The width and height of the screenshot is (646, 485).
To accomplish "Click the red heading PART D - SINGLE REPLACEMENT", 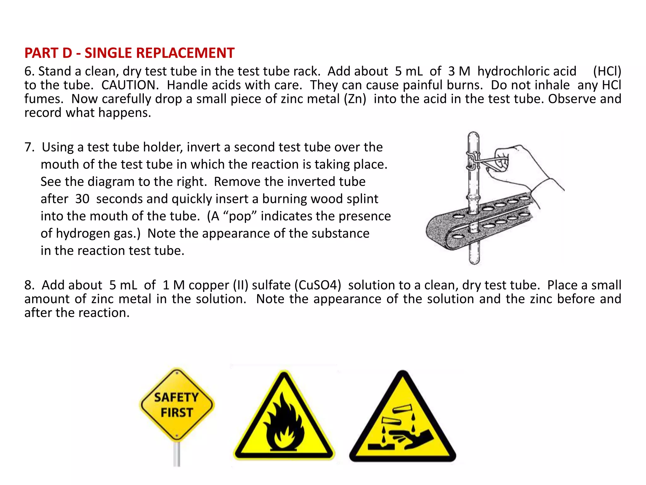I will coord(129,53).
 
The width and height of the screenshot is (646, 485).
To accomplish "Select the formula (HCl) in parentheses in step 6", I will coord(607,71).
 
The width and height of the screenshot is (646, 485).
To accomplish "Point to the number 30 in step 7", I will coord(82,199).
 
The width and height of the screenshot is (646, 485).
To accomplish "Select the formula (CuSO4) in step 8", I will coord(318,285).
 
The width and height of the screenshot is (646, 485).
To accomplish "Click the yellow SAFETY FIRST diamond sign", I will coord(177,404).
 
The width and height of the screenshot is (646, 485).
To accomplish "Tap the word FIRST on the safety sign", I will coord(177,413).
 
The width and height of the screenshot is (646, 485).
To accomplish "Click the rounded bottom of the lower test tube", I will coord(474,260).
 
